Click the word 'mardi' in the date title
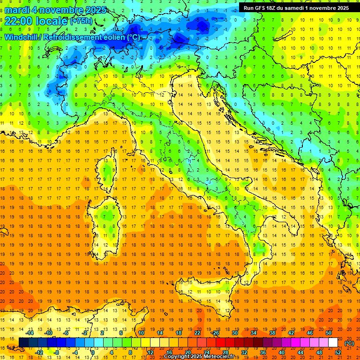tap(15, 10)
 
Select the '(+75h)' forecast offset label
tap(81, 22)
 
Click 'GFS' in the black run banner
tap(261, 8)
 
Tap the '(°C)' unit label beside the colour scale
tap(349, 343)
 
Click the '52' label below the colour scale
tap(338, 352)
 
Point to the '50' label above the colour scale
tap(328, 333)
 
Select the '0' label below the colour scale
tap(93, 352)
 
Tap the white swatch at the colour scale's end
tap(333, 343)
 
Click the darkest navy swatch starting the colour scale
tap(23, 343)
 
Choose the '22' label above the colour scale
tap(197, 333)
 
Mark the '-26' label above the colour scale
tap(216, 333)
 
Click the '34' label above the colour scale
tap(253, 333)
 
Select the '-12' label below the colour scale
tap(39, 352)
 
